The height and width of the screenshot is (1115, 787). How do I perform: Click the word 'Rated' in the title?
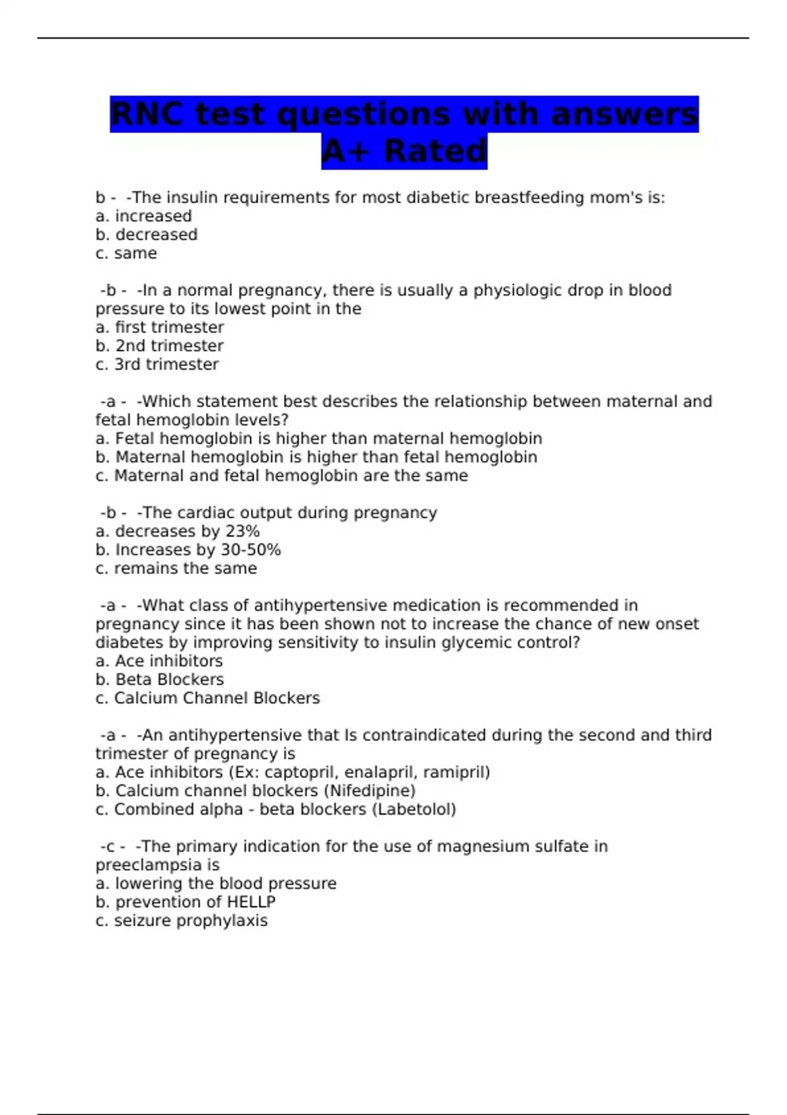click(x=435, y=152)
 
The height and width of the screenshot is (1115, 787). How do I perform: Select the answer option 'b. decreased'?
click(x=146, y=235)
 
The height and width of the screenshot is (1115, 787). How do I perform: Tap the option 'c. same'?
click(x=126, y=253)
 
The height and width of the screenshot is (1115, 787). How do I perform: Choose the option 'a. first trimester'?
click(x=159, y=327)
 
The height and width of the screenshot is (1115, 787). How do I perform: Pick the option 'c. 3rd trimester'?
click(x=157, y=365)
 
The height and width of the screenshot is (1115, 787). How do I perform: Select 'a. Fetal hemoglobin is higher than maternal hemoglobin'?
click(x=319, y=439)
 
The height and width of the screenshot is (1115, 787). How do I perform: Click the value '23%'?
click(x=242, y=531)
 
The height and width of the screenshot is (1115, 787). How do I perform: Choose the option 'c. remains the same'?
click(x=176, y=569)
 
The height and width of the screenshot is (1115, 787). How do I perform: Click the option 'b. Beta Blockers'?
click(x=159, y=679)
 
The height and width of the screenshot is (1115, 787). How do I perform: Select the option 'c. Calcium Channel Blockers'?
click(x=207, y=698)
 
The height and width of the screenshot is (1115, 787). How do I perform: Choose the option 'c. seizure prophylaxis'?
click(x=181, y=921)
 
